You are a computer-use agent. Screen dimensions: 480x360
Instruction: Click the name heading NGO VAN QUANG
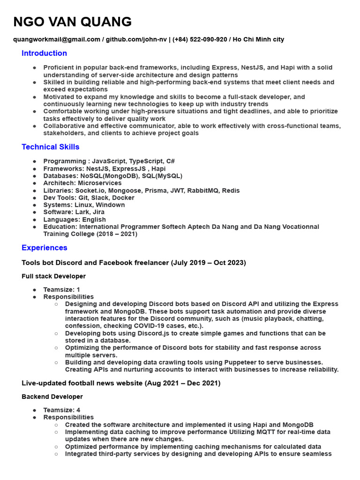72,22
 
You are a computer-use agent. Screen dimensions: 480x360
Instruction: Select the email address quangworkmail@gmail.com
57,39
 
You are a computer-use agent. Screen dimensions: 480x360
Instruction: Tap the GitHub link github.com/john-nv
136,39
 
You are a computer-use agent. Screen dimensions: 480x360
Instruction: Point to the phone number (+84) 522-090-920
200,39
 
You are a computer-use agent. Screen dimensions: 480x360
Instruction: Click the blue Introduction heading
44,53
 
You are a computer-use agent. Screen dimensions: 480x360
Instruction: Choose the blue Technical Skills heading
50,147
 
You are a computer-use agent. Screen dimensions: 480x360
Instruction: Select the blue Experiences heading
44,247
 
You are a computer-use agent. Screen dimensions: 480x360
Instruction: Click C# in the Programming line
170,161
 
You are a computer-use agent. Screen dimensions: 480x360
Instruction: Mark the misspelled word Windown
110,205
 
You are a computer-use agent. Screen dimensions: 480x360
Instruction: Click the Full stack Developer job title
53,276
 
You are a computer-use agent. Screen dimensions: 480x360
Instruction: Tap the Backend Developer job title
52,397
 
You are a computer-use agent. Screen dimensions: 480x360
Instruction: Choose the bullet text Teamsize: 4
61,410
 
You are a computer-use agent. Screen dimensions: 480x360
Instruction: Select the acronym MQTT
278,432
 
